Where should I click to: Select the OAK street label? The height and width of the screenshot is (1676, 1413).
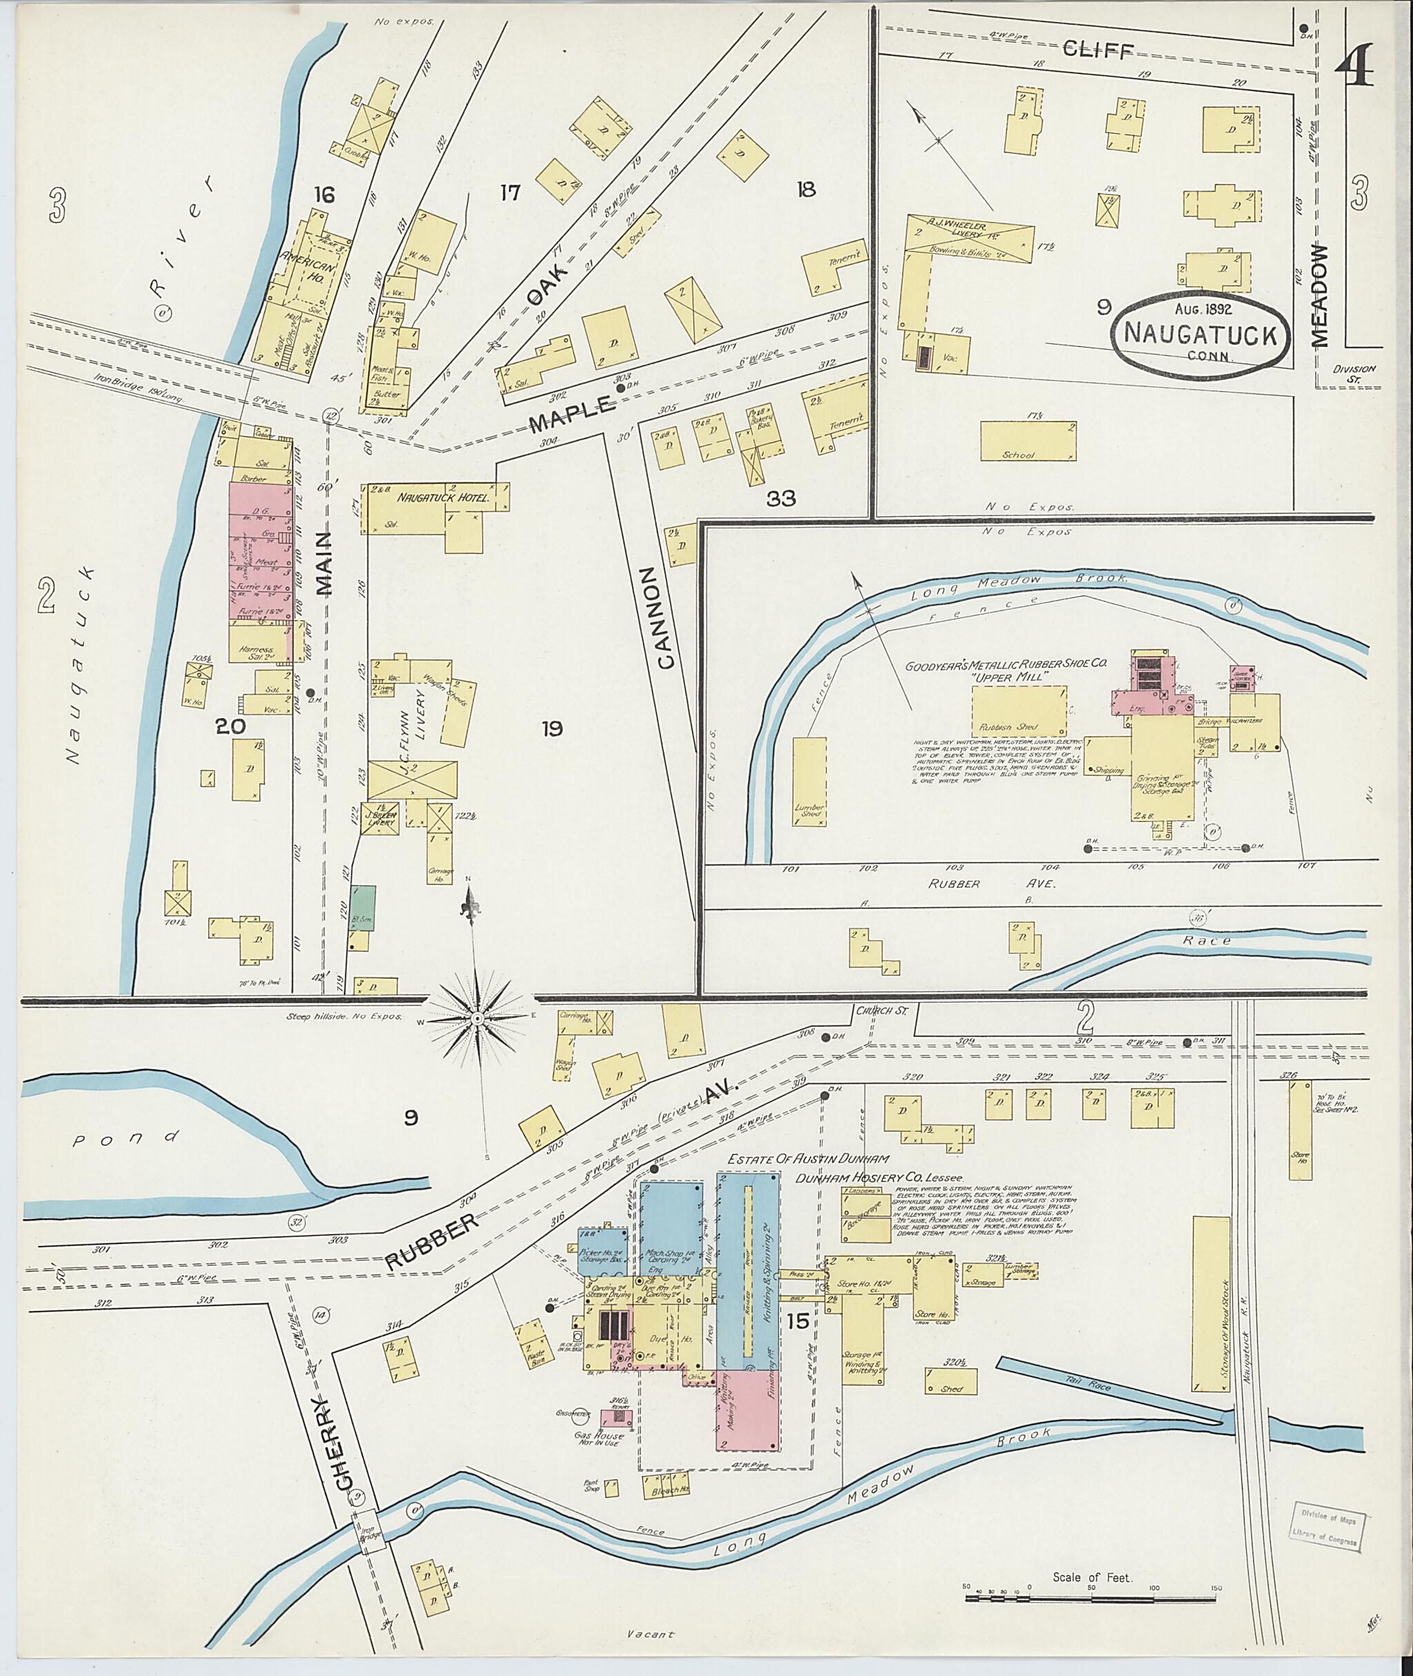(x=549, y=285)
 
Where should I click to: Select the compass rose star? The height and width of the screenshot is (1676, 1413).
(x=477, y=1019)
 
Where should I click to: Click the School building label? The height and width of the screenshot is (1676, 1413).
(x=1018, y=455)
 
